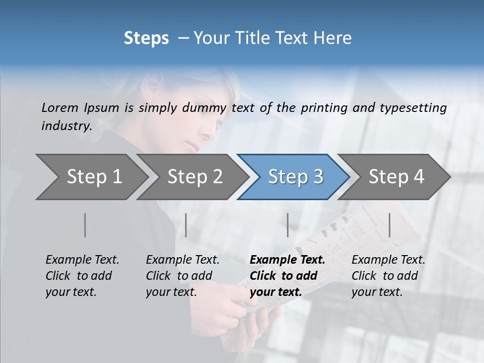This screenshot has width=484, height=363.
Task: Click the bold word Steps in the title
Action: pos(146,38)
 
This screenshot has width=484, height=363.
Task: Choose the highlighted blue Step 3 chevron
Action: pos(295,176)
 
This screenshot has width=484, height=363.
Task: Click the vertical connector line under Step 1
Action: pos(85,225)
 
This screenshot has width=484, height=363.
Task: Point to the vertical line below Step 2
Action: pos(186,225)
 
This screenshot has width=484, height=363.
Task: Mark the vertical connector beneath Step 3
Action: pos(287,225)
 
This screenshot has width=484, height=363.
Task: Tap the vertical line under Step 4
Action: pos(389,225)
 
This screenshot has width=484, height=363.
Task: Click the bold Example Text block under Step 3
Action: pos(287,276)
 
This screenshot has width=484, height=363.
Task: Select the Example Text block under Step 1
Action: pos(82,276)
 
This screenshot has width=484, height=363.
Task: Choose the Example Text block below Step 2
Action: pos(183,276)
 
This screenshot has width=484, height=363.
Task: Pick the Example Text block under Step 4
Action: pos(388,276)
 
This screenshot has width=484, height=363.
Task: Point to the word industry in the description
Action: pos(66,126)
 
